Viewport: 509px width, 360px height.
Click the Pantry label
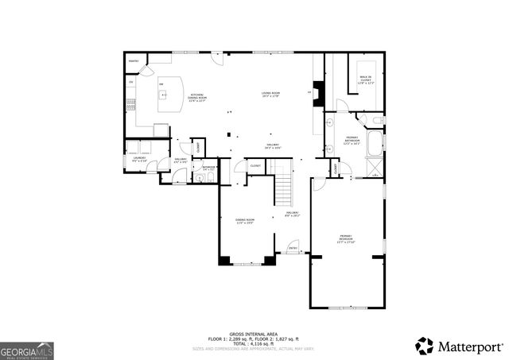134,59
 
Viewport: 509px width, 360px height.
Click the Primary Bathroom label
352,140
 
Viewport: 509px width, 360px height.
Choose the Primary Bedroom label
346,238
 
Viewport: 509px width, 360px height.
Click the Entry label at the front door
293,248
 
